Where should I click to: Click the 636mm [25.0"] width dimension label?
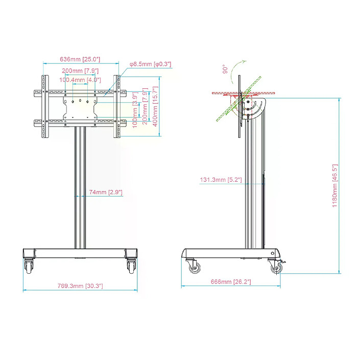tap(80, 59)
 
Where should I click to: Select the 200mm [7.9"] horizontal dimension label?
tap(80, 71)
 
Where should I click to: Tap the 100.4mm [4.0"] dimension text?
tap(80, 80)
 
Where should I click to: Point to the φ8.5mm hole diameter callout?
tap(150, 64)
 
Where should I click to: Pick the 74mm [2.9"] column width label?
tap(105, 192)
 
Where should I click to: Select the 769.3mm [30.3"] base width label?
tap(80, 286)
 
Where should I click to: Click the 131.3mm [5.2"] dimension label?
tap(221, 180)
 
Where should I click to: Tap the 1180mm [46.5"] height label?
tap(335, 185)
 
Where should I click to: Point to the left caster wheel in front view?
tap(28, 266)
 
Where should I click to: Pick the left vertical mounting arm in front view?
tap(44, 107)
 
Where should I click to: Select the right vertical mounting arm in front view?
tap(117, 107)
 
